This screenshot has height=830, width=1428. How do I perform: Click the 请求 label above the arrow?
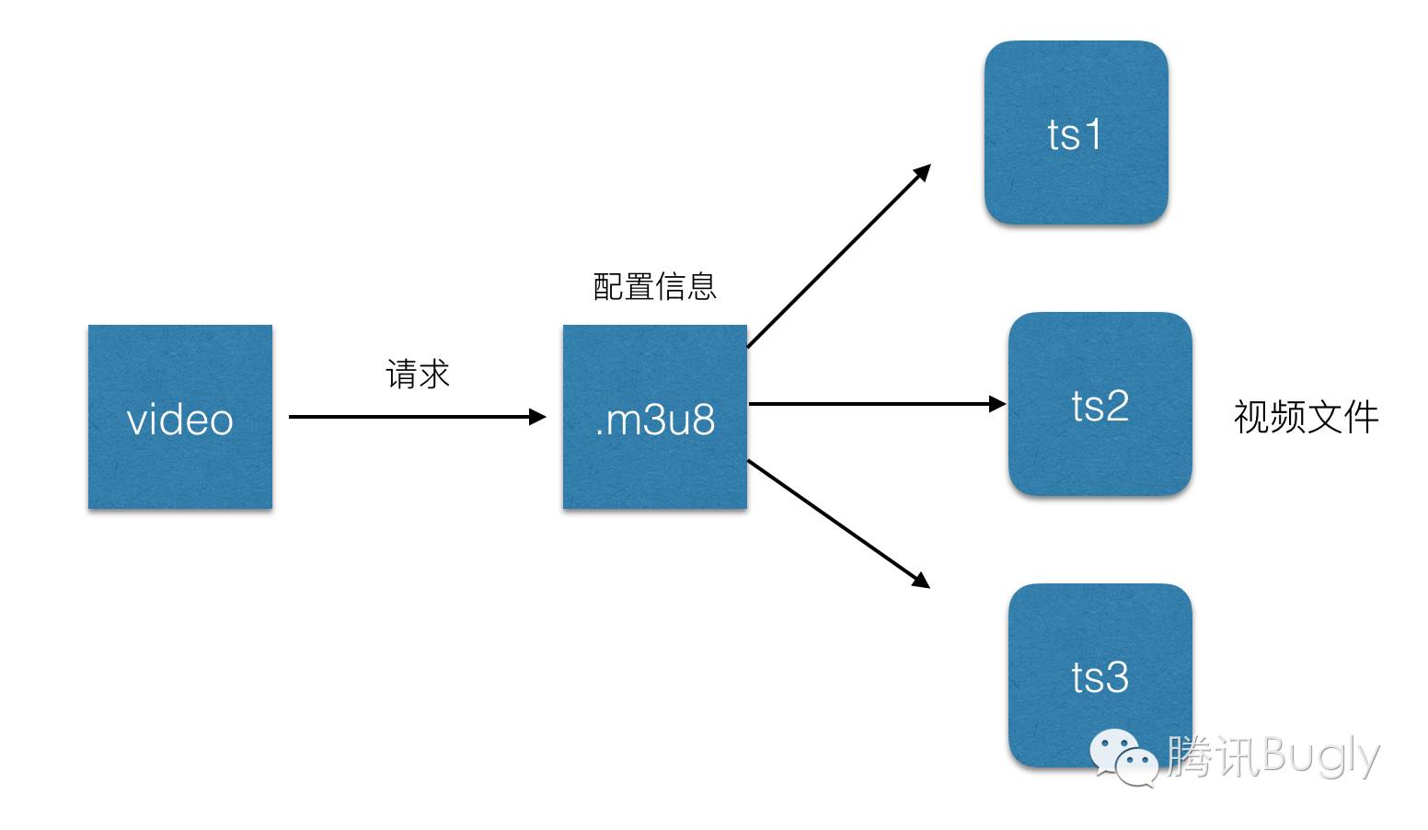[418, 375]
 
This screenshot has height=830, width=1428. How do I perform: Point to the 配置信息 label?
[654, 287]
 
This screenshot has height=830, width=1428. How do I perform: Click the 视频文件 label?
[1306, 417]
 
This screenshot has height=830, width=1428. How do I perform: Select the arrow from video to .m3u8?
[414, 417]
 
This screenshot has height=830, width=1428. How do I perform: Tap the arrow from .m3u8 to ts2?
[874, 404]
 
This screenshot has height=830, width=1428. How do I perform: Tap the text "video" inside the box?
[179, 421]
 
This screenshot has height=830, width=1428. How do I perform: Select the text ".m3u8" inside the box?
[654, 421]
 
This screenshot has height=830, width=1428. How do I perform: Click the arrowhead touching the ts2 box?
[997, 404]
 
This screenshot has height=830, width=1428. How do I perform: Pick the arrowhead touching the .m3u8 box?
[537, 417]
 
